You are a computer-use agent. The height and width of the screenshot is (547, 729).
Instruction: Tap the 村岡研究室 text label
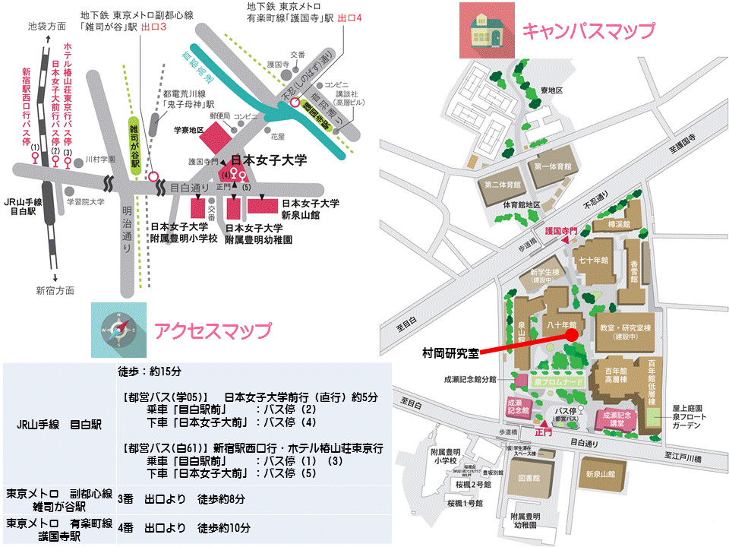[450, 353]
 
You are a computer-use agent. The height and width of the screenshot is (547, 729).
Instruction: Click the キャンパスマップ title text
[588, 31]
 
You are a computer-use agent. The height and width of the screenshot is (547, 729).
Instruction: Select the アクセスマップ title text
[212, 331]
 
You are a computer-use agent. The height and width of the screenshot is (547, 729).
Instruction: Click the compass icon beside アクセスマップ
[118, 330]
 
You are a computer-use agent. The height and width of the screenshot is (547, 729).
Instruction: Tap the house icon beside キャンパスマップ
[486, 30]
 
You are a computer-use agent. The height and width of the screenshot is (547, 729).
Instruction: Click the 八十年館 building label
[562, 324]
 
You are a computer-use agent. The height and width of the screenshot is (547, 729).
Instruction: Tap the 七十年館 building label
[594, 260]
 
